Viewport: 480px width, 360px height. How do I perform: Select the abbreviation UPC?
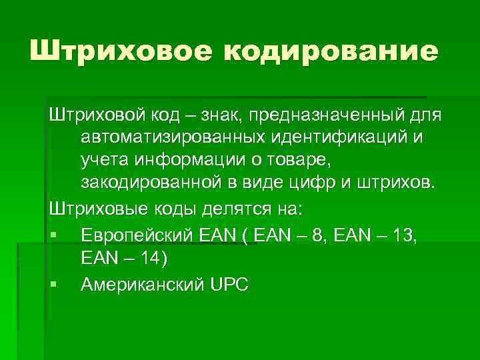pyautogui.click(x=229, y=285)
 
